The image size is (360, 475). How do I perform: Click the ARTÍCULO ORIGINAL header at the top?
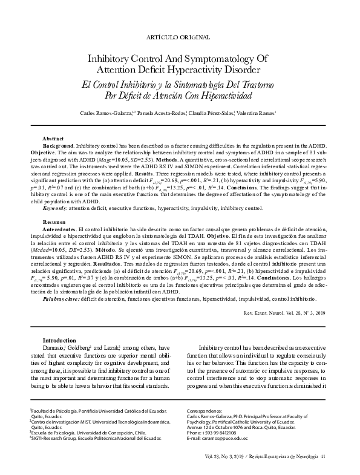[180, 38]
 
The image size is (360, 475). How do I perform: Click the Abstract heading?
[53, 139]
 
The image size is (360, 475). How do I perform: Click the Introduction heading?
[59, 340]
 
